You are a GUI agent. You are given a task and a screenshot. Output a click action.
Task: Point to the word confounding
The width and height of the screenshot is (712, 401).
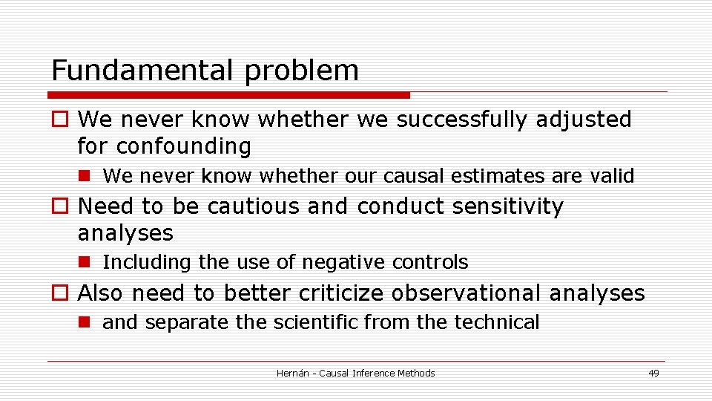tap(183, 146)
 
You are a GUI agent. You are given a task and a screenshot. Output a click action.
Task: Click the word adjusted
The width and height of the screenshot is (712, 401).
tap(590, 120)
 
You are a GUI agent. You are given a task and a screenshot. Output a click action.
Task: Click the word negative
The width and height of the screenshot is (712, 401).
tap(340, 262)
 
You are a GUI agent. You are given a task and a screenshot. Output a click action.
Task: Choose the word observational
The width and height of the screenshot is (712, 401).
tap(467, 293)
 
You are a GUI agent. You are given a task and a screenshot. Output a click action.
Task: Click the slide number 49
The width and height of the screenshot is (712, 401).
tap(653, 374)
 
